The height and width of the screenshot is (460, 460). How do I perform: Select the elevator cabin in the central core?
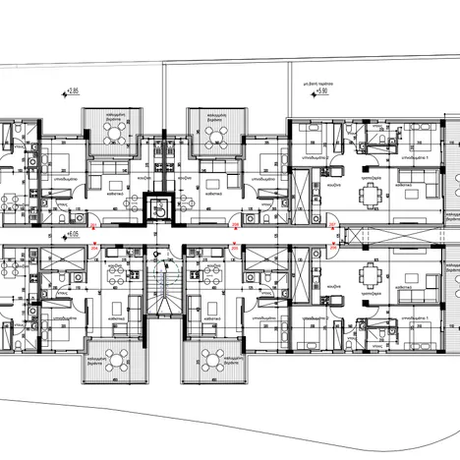click(x=157, y=207)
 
